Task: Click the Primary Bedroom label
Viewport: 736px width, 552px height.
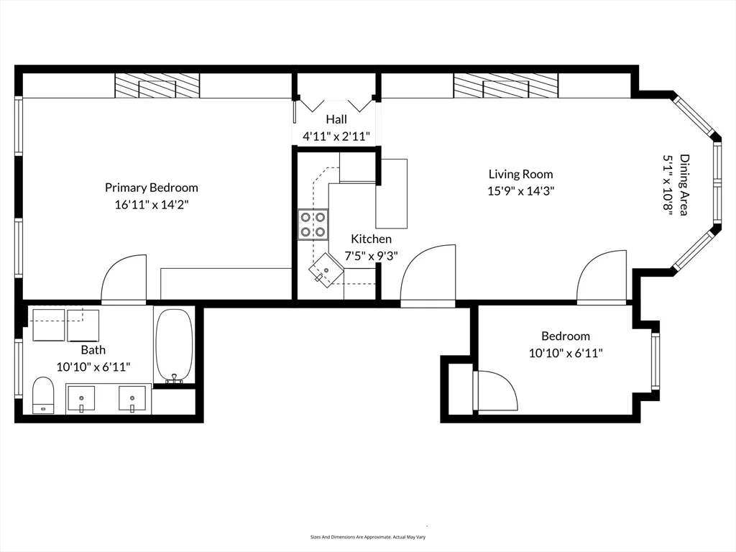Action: point(151,188)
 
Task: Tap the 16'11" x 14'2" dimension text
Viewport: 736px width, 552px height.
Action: point(151,205)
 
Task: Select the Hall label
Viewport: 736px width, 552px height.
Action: point(336,119)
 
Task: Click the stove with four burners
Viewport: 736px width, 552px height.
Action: point(313,224)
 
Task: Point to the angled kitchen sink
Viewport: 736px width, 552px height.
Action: point(326,270)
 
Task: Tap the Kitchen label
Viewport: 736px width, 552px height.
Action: point(372,239)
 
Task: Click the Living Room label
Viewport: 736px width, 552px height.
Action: point(520,174)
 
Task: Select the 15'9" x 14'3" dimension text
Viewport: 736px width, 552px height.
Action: point(520,191)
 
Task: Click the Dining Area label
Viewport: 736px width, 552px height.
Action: point(684,185)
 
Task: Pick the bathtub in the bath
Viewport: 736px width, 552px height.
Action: point(174,346)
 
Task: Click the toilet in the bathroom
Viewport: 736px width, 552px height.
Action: point(43,395)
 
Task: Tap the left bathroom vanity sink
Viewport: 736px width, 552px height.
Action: point(81,398)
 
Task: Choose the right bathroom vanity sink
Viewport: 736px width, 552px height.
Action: point(132,398)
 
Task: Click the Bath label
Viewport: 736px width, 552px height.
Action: point(93,350)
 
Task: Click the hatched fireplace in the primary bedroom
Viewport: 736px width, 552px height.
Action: point(157,86)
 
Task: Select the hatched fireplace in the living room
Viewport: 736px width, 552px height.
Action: point(505,86)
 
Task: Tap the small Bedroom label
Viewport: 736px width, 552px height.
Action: point(566,336)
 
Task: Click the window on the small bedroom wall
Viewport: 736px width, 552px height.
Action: point(655,361)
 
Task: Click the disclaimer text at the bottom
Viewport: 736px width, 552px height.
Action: point(368,537)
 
